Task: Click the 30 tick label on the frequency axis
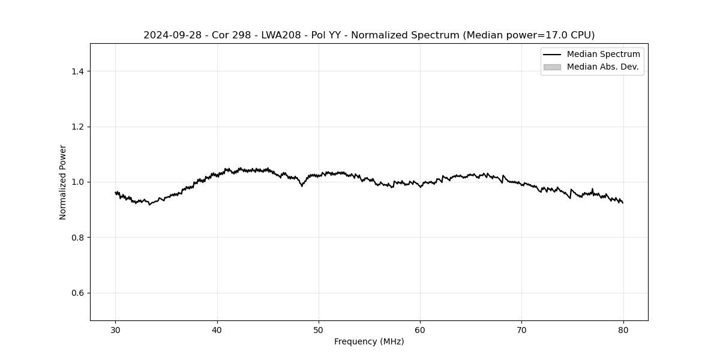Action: [x=116, y=329]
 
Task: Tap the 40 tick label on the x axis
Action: [x=217, y=329]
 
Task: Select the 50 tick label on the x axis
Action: [x=319, y=329]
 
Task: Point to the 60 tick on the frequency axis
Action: [x=420, y=329]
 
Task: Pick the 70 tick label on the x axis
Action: [x=521, y=329]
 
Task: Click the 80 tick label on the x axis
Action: [x=623, y=329]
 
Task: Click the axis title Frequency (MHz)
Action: [x=369, y=341]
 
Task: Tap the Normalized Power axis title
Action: [x=62, y=182]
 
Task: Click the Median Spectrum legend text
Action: [x=603, y=55]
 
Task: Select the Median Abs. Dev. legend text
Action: [x=602, y=67]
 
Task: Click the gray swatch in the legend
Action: [x=552, y=67]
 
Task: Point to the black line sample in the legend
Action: [x=552, y=55]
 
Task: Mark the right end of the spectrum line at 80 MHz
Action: [x=623, y=203]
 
